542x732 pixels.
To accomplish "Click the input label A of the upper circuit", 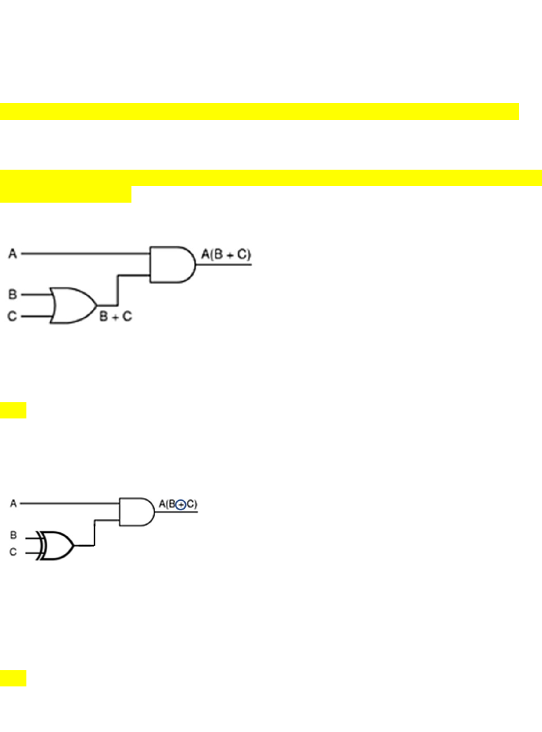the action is (x=13, y=255).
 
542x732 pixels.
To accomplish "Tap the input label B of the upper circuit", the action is (x=13, y=294).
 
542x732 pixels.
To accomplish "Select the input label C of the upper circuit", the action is (x=13, y=315).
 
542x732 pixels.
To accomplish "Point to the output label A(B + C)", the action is (x=226, y=255).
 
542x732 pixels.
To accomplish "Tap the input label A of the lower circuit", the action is (x=13, y=504).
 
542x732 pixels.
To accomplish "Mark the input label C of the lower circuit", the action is (x=13, y=552).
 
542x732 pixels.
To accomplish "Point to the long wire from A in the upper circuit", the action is (x=84, y=254).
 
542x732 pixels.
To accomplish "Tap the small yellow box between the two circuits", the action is (x=13, y=411).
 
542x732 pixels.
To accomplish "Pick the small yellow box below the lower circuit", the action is (x=13, y=679).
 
